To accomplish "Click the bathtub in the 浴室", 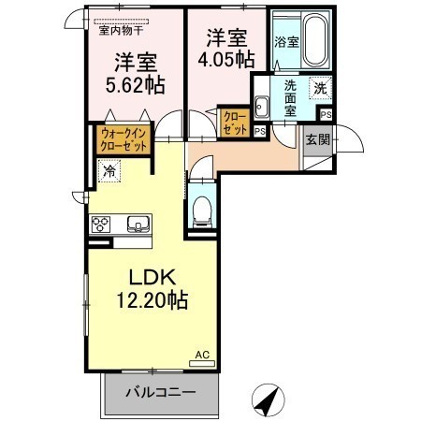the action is coord(316,39).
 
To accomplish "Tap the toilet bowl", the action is coord(201,211).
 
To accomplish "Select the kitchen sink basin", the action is coord(138,224).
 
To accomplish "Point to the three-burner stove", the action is coord(100,224).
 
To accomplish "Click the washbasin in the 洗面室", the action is coord(261,107).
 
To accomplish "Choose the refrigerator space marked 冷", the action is coord(109,170).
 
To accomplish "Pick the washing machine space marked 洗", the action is coord(320,88).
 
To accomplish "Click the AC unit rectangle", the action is coord(202,363).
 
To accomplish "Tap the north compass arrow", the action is coord(268,400).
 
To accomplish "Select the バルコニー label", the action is coord(161,392).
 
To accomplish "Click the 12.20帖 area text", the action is coord(152,300).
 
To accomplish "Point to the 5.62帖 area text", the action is coord(135,85).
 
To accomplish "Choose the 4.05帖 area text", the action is coord(226,59).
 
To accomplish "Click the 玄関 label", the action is coord(317,139).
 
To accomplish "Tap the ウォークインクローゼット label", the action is coord(123,139).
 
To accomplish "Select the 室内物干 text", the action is coord(121,31).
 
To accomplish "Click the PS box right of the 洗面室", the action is coord(327,115).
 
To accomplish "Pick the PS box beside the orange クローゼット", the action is coord(260,131).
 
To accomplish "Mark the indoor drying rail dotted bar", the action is coord(122,22).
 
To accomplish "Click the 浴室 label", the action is coord(286,42).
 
